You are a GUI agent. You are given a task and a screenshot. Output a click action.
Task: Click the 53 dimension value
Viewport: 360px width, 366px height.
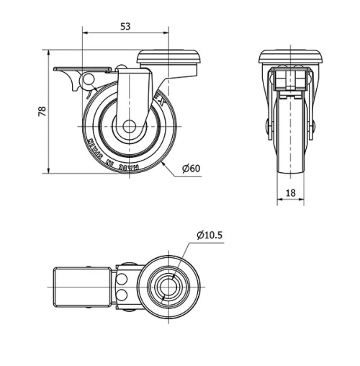[125, 27]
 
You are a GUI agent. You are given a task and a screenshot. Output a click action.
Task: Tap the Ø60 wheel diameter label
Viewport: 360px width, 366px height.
[191, 168]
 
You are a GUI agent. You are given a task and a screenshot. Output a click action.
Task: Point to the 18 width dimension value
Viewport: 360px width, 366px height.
[290, 192]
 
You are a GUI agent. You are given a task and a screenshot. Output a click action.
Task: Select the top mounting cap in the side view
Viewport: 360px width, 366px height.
[168, 58]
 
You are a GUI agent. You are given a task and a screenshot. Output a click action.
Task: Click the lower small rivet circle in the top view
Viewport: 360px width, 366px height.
[124, 295]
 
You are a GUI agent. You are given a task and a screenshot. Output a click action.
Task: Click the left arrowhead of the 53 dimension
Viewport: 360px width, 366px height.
[86, 32]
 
